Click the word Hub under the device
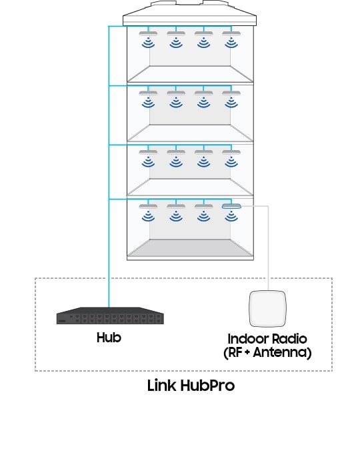109,338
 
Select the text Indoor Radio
267,340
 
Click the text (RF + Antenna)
267,353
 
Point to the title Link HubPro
191,386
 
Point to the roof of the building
191,15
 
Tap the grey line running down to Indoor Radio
268,247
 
